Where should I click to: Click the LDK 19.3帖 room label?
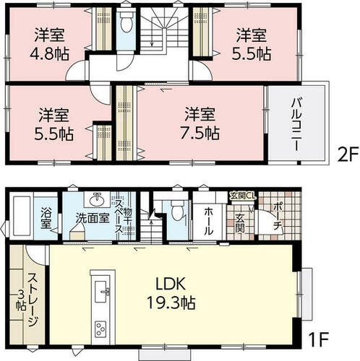click(171, 293)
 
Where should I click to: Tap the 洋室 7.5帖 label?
click(200, 123)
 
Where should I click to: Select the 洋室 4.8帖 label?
click(49, 44)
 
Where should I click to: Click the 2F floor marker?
click(348, 155)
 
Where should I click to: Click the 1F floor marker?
click(319, 339)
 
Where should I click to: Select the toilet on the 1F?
click(178, 210)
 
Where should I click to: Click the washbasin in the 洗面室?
click(97, 199)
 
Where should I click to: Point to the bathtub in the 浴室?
click(22, 216)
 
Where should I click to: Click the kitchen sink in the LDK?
click(102, 292)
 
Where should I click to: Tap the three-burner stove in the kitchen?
click(102, 329)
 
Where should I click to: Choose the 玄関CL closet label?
click(243, 196)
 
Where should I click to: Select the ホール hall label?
click(209, 222)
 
